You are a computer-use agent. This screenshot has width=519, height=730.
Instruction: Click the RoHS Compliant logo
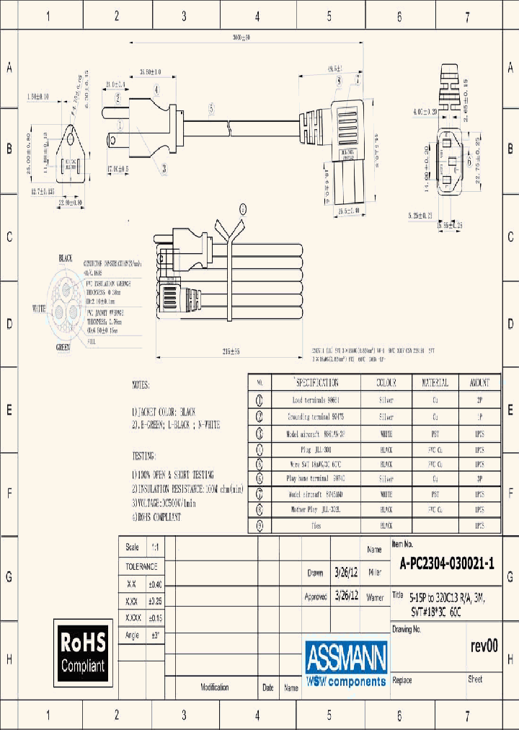click(x=82, y=651)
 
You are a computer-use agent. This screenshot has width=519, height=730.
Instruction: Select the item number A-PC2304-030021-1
click(x=446, y=565)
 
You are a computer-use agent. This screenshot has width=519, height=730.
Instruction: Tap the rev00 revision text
click(x=484, y=646)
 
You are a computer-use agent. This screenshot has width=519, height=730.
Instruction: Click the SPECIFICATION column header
click(x=316, y=382)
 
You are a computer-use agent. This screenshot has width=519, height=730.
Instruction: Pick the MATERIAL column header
click(x=434, y=382)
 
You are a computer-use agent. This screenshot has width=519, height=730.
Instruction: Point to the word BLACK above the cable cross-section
click(x=66, y=258)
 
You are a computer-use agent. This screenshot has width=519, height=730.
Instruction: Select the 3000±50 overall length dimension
click(x=231, y=37)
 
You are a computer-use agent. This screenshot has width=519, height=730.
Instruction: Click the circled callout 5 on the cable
click(x=211, y=109)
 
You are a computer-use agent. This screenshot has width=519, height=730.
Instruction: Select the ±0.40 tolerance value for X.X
click(x=156, y=584)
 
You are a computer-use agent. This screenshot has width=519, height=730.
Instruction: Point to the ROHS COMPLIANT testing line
click(x=157, y=517)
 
